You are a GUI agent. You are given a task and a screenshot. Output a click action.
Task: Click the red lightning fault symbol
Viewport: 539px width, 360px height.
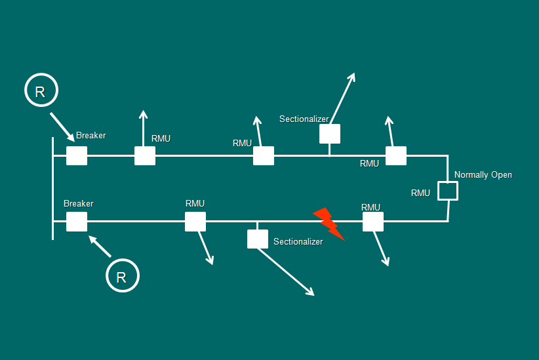click(329, 224)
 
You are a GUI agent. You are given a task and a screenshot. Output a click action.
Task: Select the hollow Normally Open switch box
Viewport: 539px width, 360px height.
click(447, 191)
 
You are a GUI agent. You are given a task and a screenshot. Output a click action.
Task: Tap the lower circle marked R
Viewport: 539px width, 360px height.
click(122, 276)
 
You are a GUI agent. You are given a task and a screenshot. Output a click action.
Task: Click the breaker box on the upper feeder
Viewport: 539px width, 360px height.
click(77, 156)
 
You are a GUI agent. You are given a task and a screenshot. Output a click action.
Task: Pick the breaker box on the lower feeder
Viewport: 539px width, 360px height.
click(77, 222)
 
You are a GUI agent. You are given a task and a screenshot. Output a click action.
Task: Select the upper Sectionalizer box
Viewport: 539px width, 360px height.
click(330, 134)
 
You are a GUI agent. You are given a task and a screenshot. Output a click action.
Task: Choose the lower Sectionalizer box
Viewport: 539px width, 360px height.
click(258, 239)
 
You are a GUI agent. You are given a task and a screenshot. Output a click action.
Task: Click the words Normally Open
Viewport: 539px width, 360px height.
click(483, 175)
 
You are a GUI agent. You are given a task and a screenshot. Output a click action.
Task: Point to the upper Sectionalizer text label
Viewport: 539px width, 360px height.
click(304, 119)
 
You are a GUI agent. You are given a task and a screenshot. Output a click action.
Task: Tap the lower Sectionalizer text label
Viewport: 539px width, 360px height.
click(298, 242)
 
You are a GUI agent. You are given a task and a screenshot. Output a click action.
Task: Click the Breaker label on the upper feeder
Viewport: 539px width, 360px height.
click(90, 136)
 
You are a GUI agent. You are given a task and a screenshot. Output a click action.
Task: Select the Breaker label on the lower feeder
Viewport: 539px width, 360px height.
click(78, 204)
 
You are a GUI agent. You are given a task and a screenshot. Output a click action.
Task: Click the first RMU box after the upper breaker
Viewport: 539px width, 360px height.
click(145, 156)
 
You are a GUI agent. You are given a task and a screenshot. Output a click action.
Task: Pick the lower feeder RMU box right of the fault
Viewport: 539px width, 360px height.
click(373, 222)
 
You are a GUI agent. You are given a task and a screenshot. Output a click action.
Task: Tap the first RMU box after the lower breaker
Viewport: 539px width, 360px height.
click(195, 222)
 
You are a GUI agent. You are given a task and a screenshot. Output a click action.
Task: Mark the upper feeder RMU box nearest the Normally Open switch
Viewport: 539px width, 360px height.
click(396, 156)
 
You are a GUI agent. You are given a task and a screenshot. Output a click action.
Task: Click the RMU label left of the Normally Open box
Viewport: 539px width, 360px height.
click(420, 193)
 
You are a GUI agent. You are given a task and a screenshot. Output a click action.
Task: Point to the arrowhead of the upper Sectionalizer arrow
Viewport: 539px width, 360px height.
click(352, 77)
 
